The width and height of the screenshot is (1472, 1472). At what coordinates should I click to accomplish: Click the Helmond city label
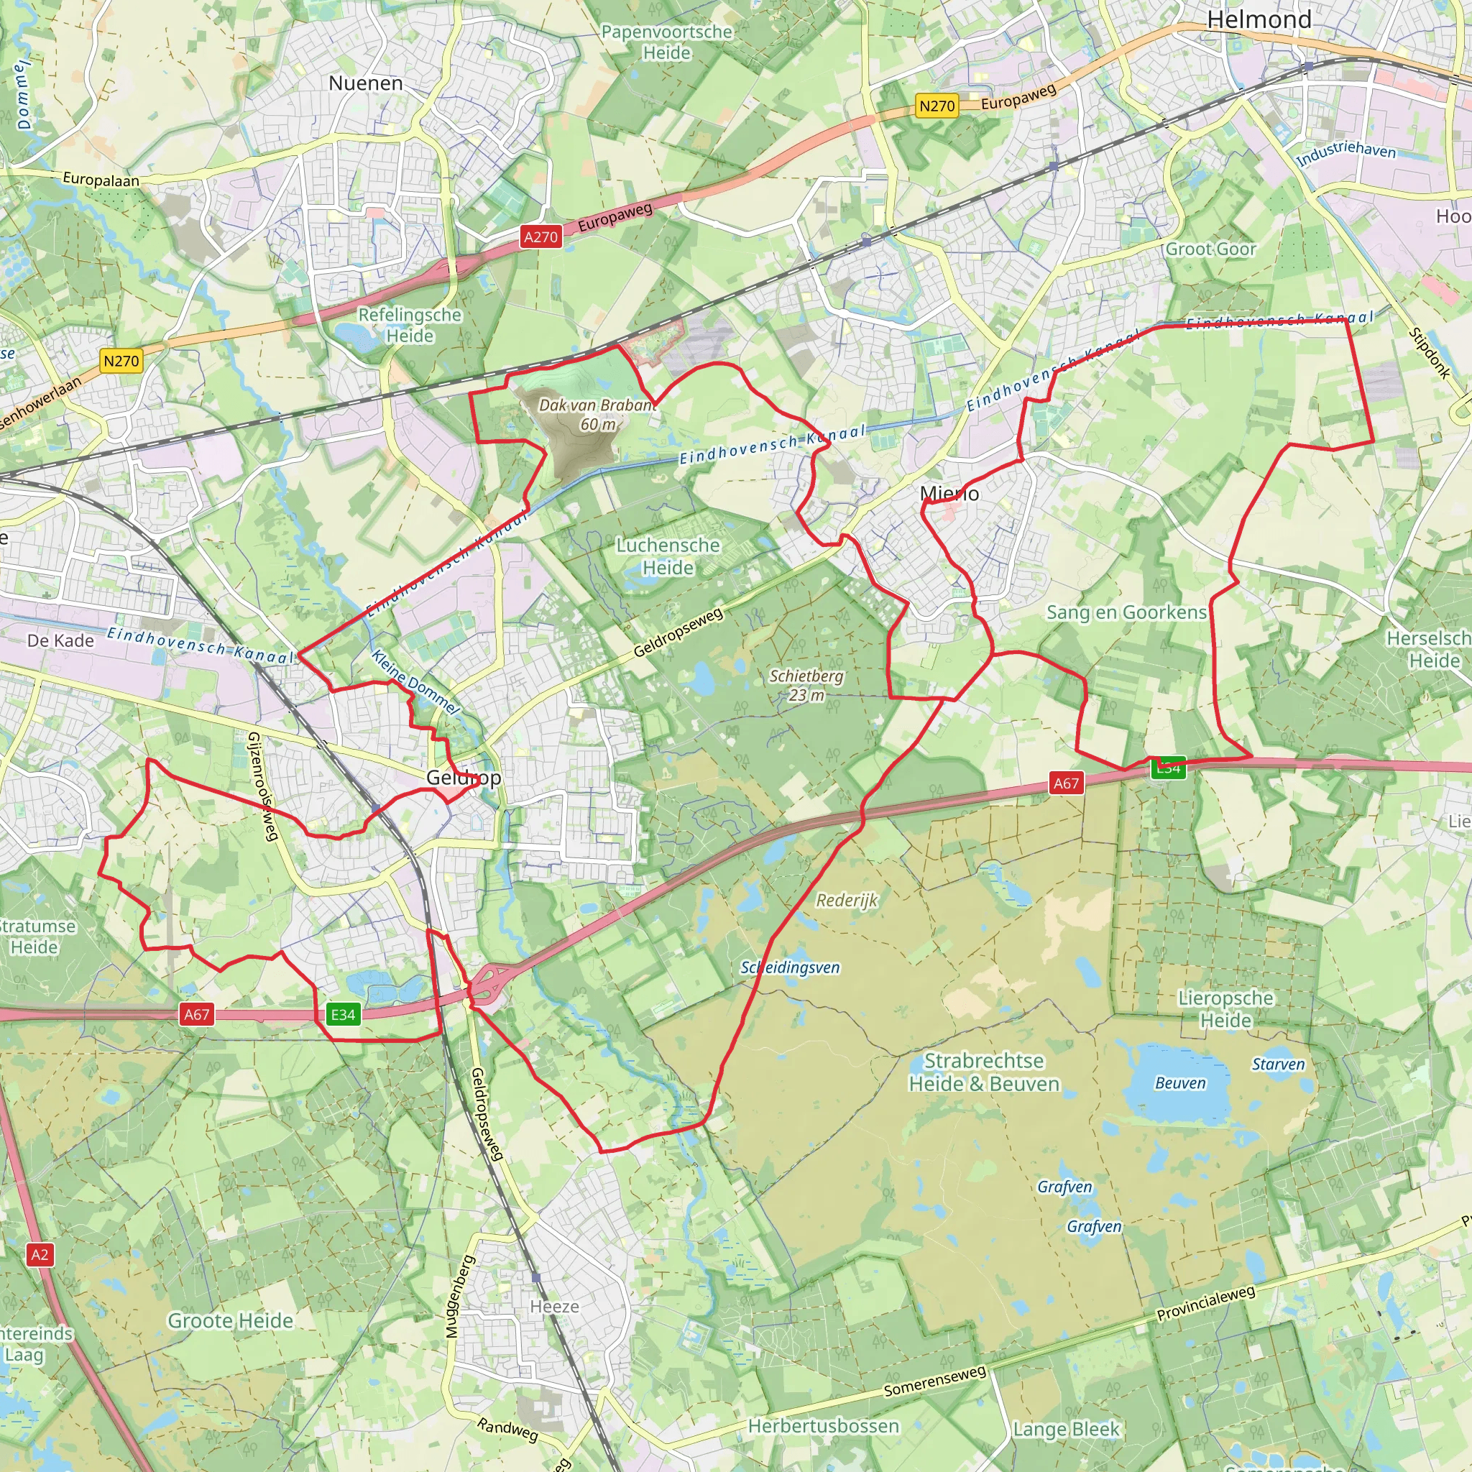(1259, 20)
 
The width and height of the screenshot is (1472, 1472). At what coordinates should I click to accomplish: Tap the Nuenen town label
(366, 83)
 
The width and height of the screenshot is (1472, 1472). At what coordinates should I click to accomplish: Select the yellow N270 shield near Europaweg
(937, 106)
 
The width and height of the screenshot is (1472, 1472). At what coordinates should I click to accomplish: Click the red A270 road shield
(541, 237)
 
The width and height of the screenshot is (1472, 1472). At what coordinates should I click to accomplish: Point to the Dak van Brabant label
(597, 414)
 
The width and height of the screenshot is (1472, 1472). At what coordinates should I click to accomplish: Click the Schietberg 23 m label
(806, 685)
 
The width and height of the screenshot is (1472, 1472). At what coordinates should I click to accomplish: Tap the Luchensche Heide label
(668, 556)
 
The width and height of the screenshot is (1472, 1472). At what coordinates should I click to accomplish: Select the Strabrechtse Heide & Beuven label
(984, 1072)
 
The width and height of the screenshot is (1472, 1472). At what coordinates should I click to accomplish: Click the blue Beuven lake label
(1180, 1083)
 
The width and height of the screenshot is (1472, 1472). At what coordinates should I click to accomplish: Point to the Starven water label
(1278, 1064)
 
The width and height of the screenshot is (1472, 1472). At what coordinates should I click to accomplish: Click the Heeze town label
(554, 1307)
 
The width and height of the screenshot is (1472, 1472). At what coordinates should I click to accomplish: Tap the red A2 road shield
(40, 1255)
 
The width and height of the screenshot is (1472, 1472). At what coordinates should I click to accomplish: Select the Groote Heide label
(230, 1320)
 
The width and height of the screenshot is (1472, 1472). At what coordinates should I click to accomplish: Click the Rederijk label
(847, 901)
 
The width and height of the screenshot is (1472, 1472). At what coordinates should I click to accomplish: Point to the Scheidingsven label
(790, 967)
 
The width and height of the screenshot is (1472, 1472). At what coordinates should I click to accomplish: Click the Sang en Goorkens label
(1126, 612)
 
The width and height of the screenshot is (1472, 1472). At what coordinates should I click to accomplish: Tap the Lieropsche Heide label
(1225, 1008)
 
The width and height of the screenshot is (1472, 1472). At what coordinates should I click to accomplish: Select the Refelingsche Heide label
(410, 326)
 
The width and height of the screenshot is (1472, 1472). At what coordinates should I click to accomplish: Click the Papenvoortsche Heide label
(667, 42)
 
